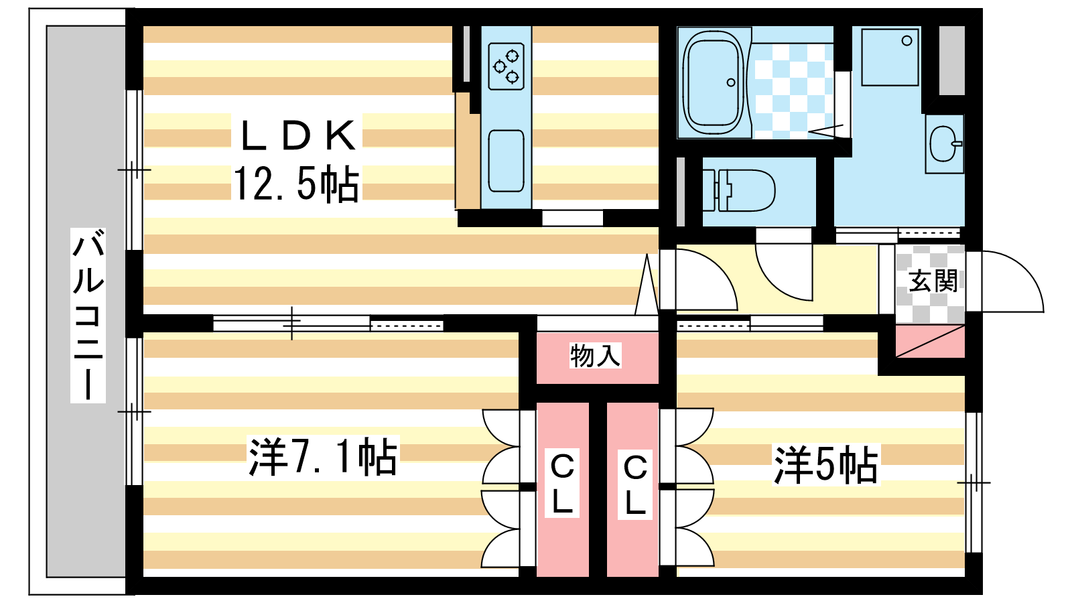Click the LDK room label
click(x=297, y=135)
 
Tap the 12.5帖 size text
click(x=296, y=184)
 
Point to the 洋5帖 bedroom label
click(x=825, y=465)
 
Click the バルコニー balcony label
click(x=88, y=315)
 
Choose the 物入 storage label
click(x=595, y=355)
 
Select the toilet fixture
click(x=740, y=190)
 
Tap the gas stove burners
click(x=506, y=66)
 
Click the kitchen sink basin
click(x=506, y=161)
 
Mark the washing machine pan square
click(x=890, y=56)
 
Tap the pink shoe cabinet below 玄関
click(x=930, y=342)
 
